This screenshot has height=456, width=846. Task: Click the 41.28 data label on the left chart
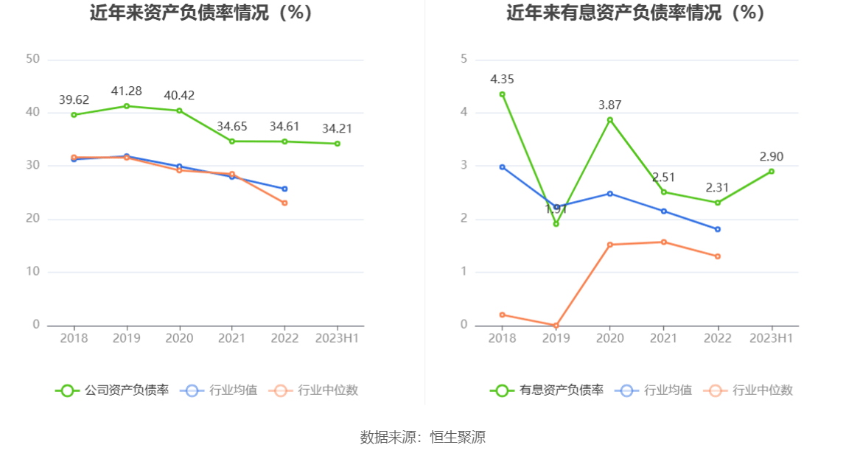click(x=126, y=91)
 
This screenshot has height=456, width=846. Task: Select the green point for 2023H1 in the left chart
click(x=338, y=144)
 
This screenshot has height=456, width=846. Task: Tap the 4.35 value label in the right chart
click(x=502, y=80)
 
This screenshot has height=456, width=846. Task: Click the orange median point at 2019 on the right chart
click(x=556, y=325)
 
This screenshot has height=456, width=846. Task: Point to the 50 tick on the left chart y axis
click(x=32, y=59)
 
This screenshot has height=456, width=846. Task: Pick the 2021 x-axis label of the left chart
click(x=231, y=338)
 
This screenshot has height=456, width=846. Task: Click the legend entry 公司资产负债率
click(x=113, y=390)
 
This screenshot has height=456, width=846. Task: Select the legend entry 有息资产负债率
click(x=548, y=390)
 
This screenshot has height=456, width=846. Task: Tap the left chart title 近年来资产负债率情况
click(x=200, y=13)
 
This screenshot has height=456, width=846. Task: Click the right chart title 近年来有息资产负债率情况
click(x=635, y=13)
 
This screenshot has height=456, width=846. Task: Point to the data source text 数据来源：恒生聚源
click(x=422, y=437)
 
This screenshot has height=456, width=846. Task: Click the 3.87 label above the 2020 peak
click(x=609, y=105)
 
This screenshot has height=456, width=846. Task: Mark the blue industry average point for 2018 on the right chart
click(x=502, y=167)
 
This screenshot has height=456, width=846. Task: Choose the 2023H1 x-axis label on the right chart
click(x=771, y=338)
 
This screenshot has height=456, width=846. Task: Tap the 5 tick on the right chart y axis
click(x=464, y=59)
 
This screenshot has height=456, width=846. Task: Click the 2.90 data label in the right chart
click(x=772, y=157)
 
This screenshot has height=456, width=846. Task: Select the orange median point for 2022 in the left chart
click(x=284, y=203)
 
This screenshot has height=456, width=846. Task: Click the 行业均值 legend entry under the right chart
click(x=657, y=390)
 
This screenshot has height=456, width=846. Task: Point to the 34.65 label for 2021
click(x=231, y=126)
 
